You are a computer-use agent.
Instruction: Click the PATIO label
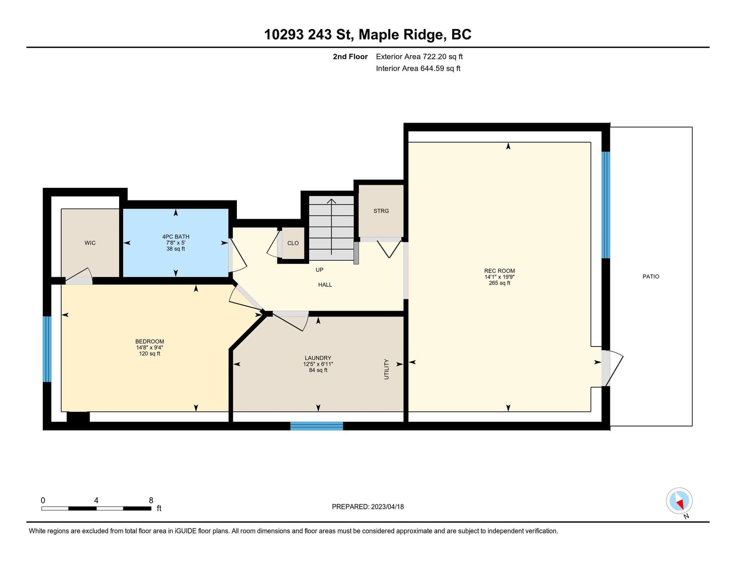pyautogui.click(x=650, y=276)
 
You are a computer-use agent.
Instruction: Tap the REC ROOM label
pyautogui.click(x=499, y=271)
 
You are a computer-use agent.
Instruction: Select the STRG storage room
pyautogui.click(x=381, y=211)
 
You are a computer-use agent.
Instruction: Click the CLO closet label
pyautogui.click(x=293, y=243)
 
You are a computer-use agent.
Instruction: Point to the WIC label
pyautogui.click(x=90, y=243)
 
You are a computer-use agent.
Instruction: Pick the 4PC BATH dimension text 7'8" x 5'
pyautogui.click(x=175, y=243)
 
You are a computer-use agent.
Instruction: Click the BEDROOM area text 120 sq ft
pyautogui.click(x=149, y=353)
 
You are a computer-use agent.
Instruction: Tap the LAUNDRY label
pyautogui.click(x=318, y=358)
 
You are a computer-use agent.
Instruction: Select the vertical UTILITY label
pyautogui.click(x=386, y=369)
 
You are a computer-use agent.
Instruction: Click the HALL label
pyautogui.click(x=325, y=284)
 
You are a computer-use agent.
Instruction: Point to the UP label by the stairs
pyautogui.click(x=319, y=270)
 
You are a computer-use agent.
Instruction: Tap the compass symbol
pyautogui.click(x=679, y=501)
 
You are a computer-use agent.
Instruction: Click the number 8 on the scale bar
pyautogui.click(x=151, y=500)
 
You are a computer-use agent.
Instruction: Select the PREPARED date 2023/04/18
pyautogui.click(x=387, y=506)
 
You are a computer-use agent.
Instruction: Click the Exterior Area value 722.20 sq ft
pyautogui.click(x=443, y=57)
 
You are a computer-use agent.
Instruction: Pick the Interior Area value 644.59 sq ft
pyautogui.click(x=440, y=68)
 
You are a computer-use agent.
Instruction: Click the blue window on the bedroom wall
pyautogui.click(x=47, y=349)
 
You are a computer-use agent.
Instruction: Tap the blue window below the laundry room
pyautogui.click(x=316, y=426)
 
